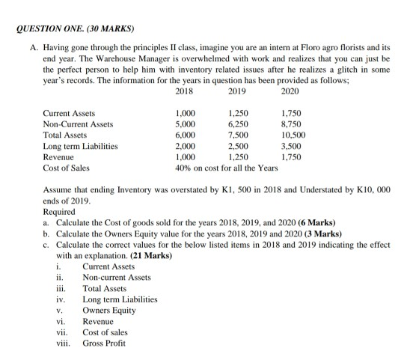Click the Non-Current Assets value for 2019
point(237,124)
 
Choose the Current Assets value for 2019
point(237,113)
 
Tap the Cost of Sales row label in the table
point(65,169)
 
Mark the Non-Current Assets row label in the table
point(78,124)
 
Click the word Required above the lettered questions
point(60,213)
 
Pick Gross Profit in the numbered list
point(105,344)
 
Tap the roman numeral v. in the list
point(58,311)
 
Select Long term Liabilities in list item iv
point(120,299)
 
